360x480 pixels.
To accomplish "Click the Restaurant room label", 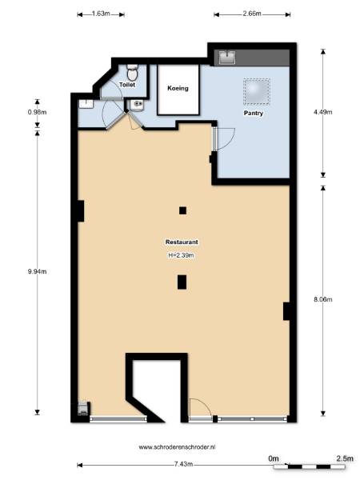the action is click(182, 242).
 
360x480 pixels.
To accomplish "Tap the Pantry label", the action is click(253, 113).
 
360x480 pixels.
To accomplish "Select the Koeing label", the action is click(178, 88).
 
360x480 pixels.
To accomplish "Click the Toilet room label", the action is click(127, 85).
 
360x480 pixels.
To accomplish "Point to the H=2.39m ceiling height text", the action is click(182, 255).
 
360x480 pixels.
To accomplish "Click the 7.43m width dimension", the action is click(183, 464).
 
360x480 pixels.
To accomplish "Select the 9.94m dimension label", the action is click(37, 271).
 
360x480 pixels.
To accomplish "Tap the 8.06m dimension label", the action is click(323, 299).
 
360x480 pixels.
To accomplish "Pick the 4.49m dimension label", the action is click(323, 112).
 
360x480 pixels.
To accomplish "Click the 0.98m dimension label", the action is click(37, 112).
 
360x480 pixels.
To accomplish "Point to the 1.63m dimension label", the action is click(101, 14).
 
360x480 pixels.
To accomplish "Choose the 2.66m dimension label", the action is click(252, 14).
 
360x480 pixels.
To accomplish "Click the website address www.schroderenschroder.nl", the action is click(177, 447).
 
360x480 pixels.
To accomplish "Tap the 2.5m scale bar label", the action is click(345, 458).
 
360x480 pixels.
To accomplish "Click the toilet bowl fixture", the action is click(133, 72).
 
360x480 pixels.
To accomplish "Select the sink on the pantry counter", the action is click(227, 58).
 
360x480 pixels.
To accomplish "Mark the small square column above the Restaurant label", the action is click(182, 210).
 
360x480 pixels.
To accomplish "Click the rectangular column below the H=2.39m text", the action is click(182, 282).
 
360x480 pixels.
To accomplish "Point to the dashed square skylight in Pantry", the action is click(257, 91).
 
